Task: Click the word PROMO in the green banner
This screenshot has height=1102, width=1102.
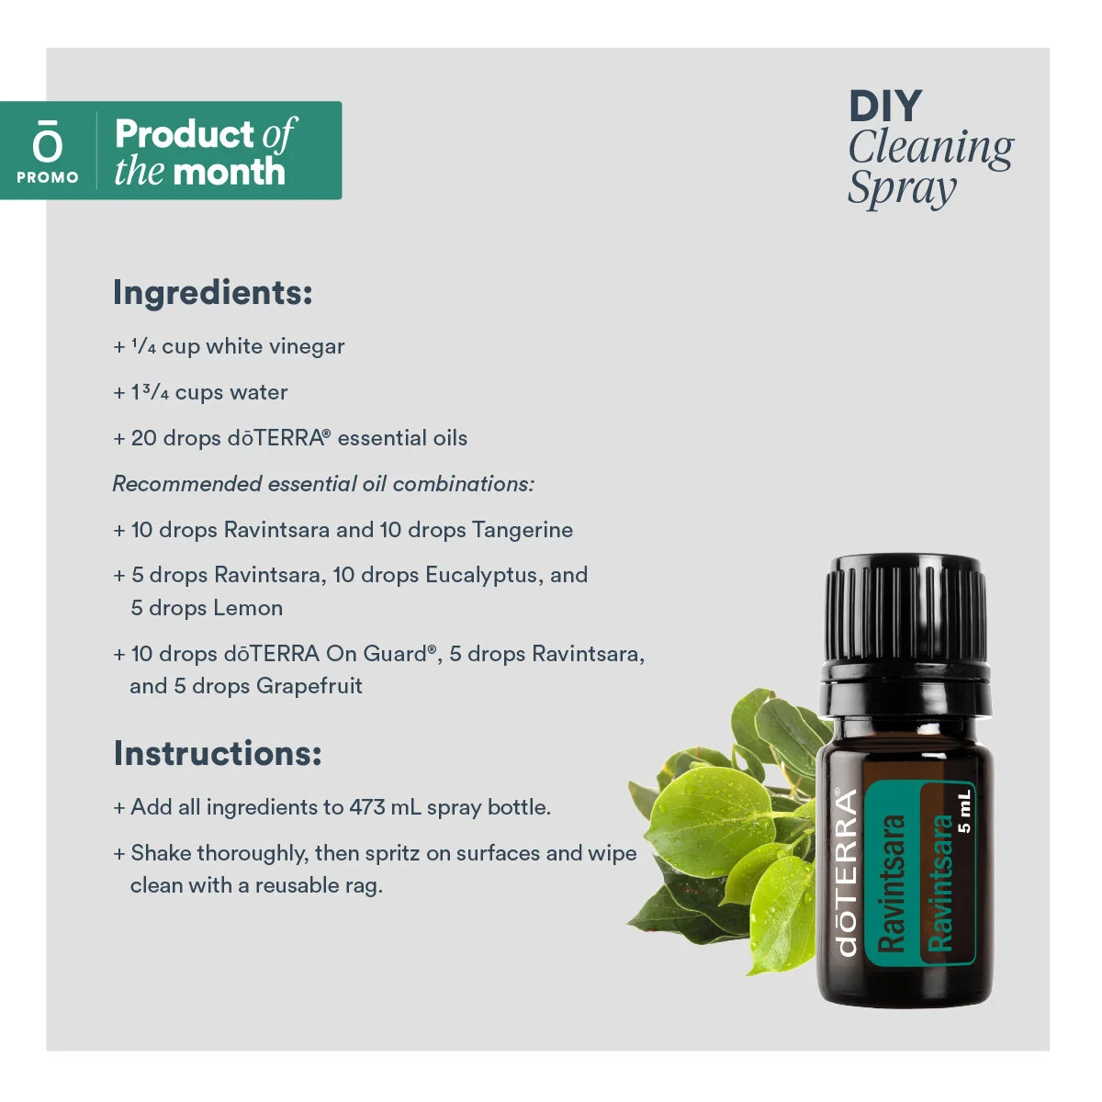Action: point(48,177)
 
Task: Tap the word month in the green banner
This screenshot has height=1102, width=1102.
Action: point(229,172)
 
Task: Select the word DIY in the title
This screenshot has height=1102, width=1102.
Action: point(884,107)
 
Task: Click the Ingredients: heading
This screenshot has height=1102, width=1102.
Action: point(212,292)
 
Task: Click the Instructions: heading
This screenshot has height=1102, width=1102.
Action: point(217,753)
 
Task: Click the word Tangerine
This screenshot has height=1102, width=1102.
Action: point(522,530)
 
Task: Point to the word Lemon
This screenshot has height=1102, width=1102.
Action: point(248,608)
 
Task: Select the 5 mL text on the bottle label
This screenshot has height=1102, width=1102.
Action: point(963,811)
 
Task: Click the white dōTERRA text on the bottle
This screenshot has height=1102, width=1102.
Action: point(847,872)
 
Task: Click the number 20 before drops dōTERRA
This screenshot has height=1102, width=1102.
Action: point(143,438)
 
